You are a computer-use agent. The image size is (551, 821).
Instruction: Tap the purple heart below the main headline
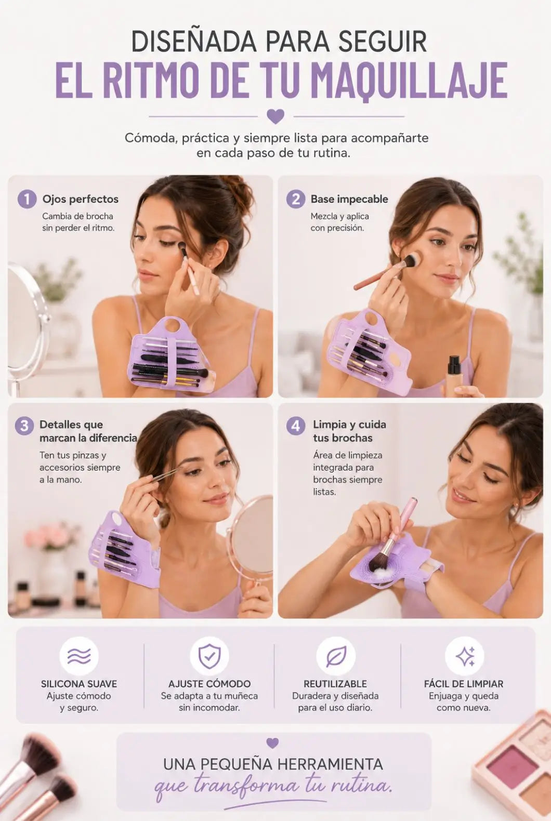pos(275,116)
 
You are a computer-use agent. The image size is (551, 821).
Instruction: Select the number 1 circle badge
pos(27,199)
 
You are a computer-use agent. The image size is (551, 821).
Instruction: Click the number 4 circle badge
pos(295,426)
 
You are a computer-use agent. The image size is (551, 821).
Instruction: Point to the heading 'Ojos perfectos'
pos(80,199)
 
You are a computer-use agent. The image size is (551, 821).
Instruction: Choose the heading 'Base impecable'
pos(349,199)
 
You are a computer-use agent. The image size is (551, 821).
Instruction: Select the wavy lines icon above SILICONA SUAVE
pos(79,656)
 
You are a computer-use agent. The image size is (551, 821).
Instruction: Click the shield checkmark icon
pos(209,656)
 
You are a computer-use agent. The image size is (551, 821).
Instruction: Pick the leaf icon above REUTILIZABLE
pos(336,656)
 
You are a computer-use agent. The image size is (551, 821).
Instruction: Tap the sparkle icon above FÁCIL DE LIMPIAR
pos(465,656)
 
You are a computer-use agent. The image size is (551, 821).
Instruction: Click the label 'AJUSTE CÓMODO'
pos(209,684)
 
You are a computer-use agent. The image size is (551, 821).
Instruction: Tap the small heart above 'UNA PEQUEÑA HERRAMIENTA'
pos(272,743)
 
